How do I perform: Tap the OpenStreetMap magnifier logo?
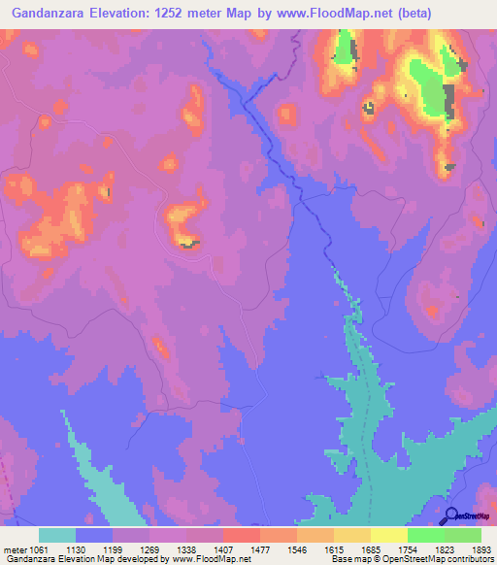(452, 515)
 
